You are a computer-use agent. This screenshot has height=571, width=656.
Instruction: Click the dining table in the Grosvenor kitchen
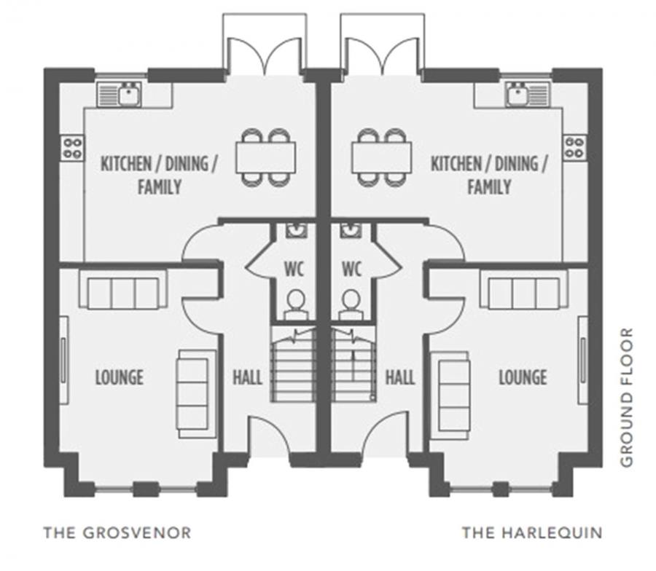266,157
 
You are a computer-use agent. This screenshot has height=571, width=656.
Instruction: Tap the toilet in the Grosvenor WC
296,306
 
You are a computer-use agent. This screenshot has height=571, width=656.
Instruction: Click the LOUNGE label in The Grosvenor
119,377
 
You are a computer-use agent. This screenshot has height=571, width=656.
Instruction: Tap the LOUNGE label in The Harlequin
523,377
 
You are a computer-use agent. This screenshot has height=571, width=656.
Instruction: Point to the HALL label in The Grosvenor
247,377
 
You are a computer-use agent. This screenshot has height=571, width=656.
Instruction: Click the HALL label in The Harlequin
400,377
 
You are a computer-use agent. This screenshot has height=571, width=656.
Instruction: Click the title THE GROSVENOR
117,533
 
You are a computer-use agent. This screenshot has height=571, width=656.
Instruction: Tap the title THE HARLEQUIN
532,533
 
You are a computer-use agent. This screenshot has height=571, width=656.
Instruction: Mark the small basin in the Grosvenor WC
295,231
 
